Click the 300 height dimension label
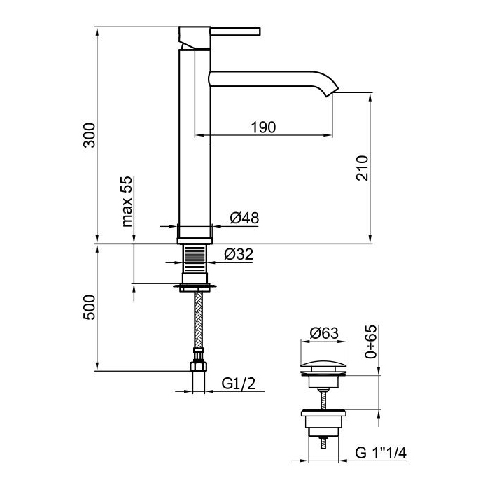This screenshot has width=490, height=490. (x=89, y=134)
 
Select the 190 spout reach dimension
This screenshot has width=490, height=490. (x=263, y=127)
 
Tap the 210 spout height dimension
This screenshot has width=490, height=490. (x=363, y=167)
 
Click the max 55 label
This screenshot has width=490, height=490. (x=127, y=202)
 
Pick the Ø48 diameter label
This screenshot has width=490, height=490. (x=244, y=218)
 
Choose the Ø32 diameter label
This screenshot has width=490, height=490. (x=239, y=255)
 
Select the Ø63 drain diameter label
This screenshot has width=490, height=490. (x=323, y=333)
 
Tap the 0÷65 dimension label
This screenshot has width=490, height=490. (x=371, y=341)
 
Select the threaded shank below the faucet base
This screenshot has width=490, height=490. (x=196, y=264)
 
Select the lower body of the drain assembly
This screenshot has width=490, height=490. (x=322, y=423)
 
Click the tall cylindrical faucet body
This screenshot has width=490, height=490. (x=195, y=140)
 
